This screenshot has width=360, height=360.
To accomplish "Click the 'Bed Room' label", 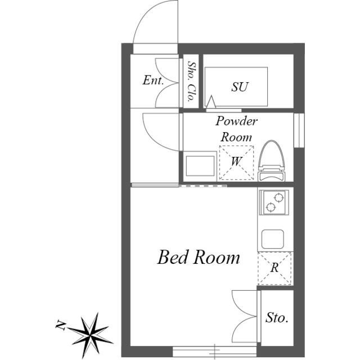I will pyautogui.click(x=198, y=258).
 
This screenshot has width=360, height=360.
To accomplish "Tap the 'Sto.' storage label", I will pyautogui.click(x=276, y=318).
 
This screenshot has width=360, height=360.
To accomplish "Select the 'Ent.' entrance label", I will pyautogui.click(x=153, y=80).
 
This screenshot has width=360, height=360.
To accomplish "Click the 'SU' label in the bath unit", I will pyautogui.click(x=240, y=87).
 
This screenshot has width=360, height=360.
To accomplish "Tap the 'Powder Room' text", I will pyautogui.click(x=236, y=129).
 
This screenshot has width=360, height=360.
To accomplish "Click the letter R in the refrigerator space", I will pyautogui.click(x=274, y=268).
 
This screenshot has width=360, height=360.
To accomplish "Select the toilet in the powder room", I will pyautogui.click(x=272, y=161).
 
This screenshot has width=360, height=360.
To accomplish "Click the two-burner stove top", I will pyautogui.click(x=273, y=202).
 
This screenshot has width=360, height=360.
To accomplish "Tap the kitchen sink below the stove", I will pyautogui.click(x=273, y=240).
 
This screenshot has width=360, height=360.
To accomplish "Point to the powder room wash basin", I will pyautogui.click(x=200, y=166).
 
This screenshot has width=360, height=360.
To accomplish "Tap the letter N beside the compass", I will pyautogui.click(x=60, y=325).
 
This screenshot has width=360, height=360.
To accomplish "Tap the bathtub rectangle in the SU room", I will pyautogui.click(x=236, y=85).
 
